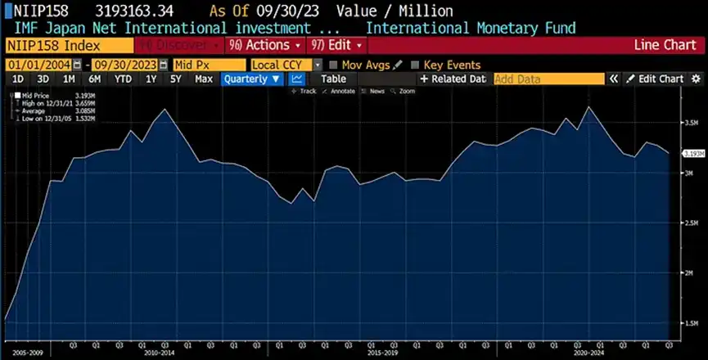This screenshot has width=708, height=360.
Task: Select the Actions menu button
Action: coord(266,44)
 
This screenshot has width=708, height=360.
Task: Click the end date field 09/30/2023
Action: coord(124,65)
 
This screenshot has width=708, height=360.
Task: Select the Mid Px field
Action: coord(208,65)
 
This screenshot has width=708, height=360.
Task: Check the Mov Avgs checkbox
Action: coord(333,65)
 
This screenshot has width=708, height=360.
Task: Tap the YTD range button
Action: coord(123,79)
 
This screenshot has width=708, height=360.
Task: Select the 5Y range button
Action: coord(176,79)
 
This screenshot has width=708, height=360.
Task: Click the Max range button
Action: coord(204,79)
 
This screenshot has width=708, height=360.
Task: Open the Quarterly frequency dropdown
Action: coord(252,79)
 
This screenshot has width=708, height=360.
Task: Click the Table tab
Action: coord(333,79)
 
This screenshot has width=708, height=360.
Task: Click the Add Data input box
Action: coord(548,79)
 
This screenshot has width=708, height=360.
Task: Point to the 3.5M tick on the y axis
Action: coord(692,124)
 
